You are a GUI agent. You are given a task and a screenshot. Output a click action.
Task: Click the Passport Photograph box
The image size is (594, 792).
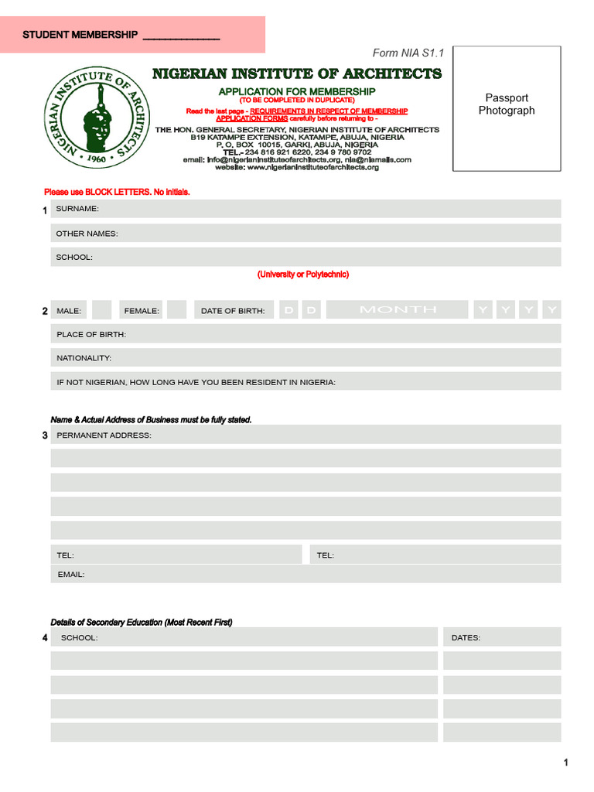pyautogui.click(x=507, y=108)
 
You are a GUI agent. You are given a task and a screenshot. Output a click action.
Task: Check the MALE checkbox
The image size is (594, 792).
pyautogui.click(x=101, y=310)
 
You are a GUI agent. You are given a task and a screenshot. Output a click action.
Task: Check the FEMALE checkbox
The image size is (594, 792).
pyautogui.click(x=177, y=310)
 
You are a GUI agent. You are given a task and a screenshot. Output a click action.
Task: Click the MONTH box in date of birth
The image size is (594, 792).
pyautogui.click(x=398, y=310)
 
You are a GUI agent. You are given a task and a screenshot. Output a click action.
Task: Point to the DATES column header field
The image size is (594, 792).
pyautogui.click(x=502, y=637)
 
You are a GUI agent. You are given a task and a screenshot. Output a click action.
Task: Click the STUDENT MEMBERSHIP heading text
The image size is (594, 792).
pyautogui.click(x=80, y=35)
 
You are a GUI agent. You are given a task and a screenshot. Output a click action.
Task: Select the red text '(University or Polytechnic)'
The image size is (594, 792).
pyautogui.click(x=303, y=275)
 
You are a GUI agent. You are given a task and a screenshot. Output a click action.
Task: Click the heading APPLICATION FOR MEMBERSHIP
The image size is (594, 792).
pyautogui.click(x=297, y=91)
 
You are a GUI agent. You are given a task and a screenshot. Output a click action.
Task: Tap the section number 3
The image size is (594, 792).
pyautogui.click(x=45, y=435)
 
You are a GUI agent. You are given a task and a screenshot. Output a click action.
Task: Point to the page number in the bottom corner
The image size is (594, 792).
pyautogui.click(x=566, y=763)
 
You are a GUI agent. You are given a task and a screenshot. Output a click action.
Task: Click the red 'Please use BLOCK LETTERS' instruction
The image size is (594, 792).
pyautogui.click(x=117, y=192)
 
